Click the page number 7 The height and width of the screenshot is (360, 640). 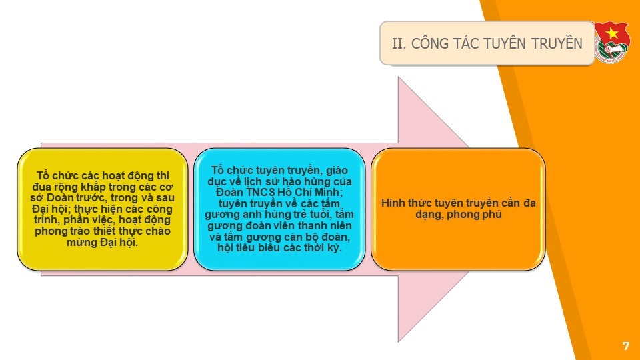click(626, 346)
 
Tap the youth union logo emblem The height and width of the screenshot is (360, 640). click(611, 42)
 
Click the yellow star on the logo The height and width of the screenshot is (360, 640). click(611, 33)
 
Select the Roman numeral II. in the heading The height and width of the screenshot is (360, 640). click(399, 43)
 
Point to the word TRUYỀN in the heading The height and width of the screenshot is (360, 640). click(557, 43)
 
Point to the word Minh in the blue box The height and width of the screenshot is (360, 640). click(327, 192)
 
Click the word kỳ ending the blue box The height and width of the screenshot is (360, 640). click(334, 248)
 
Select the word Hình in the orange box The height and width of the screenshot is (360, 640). click(392, 203)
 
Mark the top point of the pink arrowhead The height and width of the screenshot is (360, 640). click(399, 77)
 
